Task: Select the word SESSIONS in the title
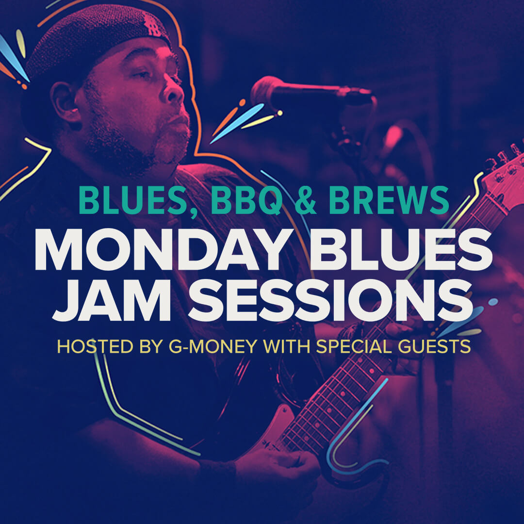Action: point(330,300)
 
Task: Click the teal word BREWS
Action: point(389,200)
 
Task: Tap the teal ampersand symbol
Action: point(306,200)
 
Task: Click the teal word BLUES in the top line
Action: point(133,200)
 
